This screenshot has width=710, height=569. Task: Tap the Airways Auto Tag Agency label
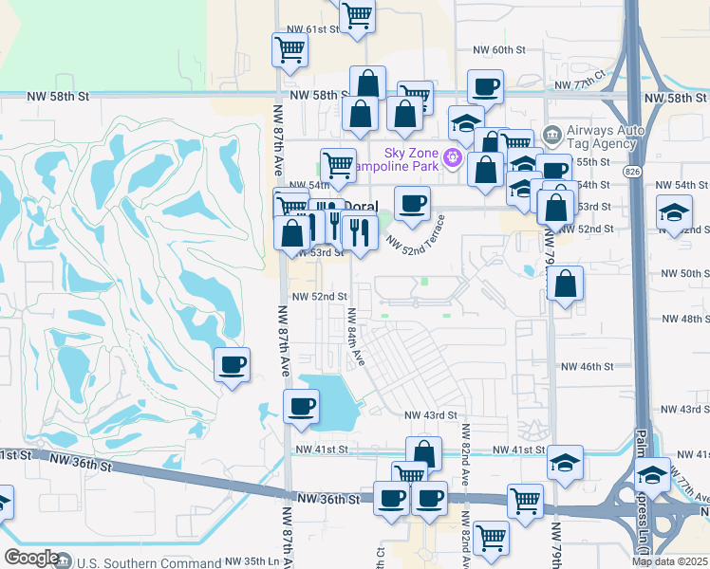pyautogui.click(x=602, y=138)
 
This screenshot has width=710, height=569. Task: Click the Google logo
pyautogui.click(x=31, y=559)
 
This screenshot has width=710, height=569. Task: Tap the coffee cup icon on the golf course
pyautogui.click(x=232, y=365)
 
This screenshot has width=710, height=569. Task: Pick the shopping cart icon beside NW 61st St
pyautogui.click(x=290, y=49)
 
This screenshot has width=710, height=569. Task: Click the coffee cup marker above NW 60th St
pyautogui.click(x=485, y=87)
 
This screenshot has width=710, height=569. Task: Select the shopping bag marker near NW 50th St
pyautogui.click(x=565, y=284)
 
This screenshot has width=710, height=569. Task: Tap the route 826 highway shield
pyautogui.click(x=632, y=171)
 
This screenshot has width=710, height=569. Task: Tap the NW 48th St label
pyautogui.click(x=686, y=320)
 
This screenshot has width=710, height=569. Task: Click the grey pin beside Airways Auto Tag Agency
pyautogui.click(x=551, y=133)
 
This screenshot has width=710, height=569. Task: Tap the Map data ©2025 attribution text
pyautogui.click(x=668, y=561)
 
